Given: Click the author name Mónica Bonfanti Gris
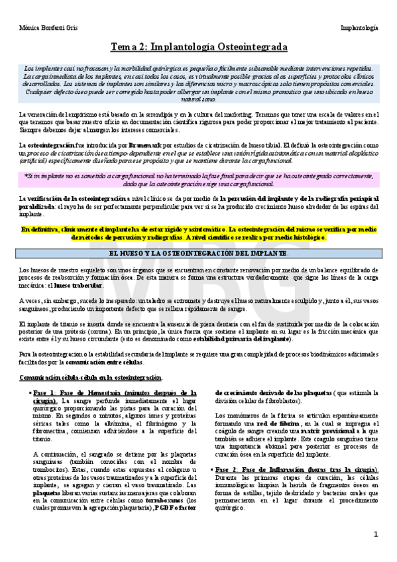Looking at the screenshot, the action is tap(42, 28).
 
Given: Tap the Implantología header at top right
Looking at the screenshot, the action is tap(359, 28).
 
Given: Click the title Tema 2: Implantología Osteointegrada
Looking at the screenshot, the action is tap(198, 48).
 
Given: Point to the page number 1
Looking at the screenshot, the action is tap(375, 534).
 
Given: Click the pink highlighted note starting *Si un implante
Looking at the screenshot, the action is tap(198, 179).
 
